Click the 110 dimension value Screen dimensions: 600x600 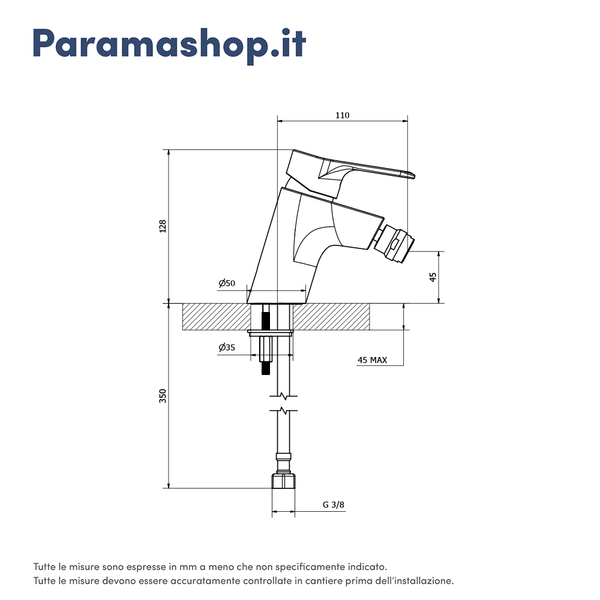(343, 115)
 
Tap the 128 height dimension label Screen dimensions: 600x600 (163, 226)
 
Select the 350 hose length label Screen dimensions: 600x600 (163, 395)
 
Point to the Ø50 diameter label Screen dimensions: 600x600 (227, 283)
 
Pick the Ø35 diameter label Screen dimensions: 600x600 (227, 347)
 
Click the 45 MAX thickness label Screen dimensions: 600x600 (373, 360)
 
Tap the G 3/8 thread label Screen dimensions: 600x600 (333, 505)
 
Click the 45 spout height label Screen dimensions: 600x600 (433, 277)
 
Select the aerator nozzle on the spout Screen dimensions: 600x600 (395, 244)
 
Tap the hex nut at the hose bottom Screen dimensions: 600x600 (284, 481)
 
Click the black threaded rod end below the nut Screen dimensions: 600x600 (266, 368)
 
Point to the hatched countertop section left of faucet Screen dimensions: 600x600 (216, 317)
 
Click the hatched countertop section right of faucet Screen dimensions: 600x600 (331, 317)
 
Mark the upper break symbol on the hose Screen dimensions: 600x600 (283, 396)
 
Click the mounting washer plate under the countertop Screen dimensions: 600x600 (270, 333)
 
